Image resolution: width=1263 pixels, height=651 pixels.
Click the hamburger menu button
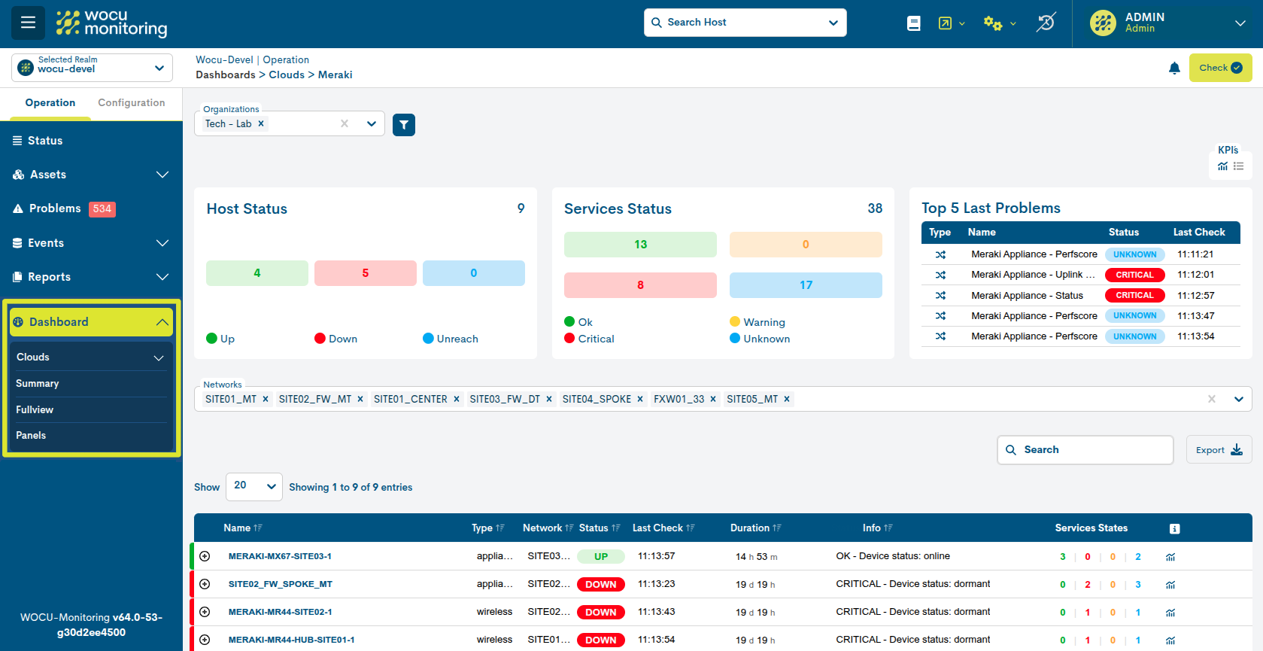[28, 23]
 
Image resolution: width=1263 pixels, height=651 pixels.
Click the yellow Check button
[1220, 68]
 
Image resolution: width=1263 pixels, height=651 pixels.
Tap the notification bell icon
[1174, 68]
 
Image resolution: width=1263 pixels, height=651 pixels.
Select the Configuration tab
[131, 103]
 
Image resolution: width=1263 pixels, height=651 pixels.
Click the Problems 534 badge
[102, 209]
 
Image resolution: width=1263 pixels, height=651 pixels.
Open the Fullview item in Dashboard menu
[35, 410]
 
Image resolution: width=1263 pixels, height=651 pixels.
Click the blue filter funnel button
[404, 125]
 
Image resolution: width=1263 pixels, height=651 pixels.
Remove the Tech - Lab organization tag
[261, 124]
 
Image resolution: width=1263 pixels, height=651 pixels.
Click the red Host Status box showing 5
[365, 273]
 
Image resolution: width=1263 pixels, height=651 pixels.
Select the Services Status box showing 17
[806, 285]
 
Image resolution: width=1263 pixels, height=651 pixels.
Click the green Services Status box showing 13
[640, 245]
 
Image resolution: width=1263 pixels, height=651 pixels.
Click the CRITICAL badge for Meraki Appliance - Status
[1134, 296]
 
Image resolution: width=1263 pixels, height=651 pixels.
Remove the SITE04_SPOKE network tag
[640, 400]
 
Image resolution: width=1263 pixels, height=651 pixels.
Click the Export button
[1219, 450]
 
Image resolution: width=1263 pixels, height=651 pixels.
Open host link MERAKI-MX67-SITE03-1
[280, 557]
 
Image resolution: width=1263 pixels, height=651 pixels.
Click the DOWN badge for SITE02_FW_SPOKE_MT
[600, 585]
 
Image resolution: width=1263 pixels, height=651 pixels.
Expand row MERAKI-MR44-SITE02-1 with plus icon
[205, 612]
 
